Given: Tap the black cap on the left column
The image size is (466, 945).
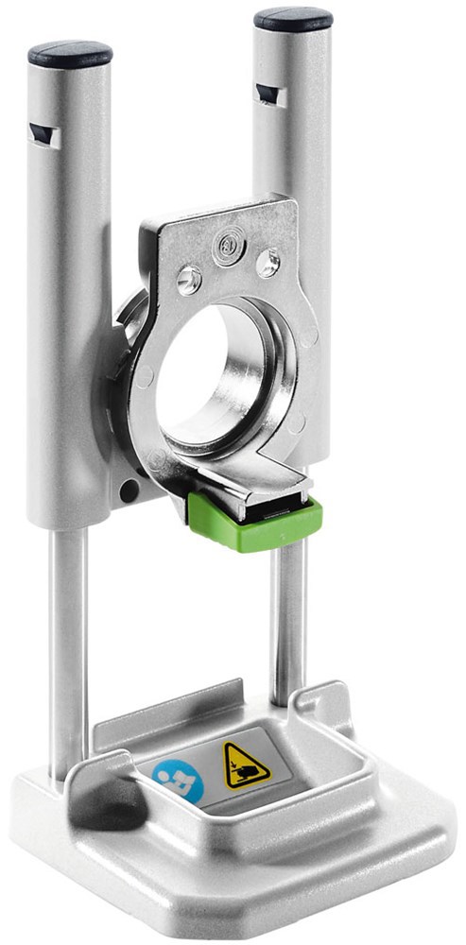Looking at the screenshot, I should (x=70, y=53).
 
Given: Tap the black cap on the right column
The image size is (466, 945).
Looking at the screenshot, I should (x=293, y=19).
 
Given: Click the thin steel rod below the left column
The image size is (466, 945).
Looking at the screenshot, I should (x=66, y=643).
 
